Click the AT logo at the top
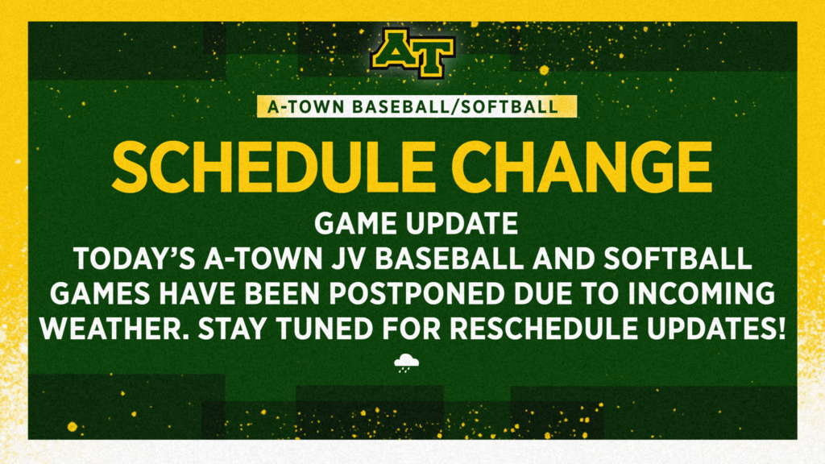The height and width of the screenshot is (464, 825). [x=412, y=52]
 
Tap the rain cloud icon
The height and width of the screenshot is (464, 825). [x=407, y=363]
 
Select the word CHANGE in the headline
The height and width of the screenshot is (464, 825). [x=582, y=168]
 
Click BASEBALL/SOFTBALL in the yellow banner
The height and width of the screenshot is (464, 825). [x=455, y=107]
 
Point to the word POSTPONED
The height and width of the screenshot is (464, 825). [x=417, y=294]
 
